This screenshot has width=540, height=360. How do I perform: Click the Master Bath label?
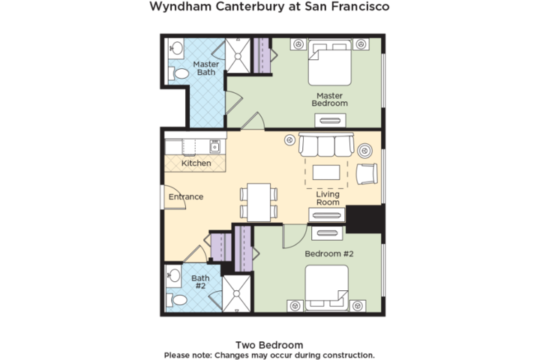(x=206, y=68)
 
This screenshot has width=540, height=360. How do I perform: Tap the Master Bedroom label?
(x=329, y=100)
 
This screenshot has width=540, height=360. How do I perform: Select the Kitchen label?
(x=196, y=163)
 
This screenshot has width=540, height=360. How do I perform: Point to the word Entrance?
(x=186, y=196)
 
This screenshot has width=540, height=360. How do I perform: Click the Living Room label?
(x=328, y=198)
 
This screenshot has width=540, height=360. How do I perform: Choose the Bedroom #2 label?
(x=329, y=254)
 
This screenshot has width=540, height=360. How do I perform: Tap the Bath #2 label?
(x=200, y=282)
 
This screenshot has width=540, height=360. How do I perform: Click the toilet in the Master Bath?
(x=178, y=73)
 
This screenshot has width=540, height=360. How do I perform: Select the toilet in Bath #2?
(x=176, y=300)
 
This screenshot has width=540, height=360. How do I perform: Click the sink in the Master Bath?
(x=176, y=48)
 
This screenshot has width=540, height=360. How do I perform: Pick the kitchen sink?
(x=215, y=147)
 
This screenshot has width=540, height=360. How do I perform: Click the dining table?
(x=259, y=202)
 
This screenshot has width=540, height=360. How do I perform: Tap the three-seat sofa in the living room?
(x=326, y=144)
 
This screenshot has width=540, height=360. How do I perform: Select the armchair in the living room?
(x=367, y=174)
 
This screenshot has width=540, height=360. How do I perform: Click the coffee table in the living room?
(x=326, y=172)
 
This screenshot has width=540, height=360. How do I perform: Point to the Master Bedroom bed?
(x=329, y=62)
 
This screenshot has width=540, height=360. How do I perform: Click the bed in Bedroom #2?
(x=326, y=288)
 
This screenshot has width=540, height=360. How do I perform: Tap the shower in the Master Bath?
(x=238, y=55)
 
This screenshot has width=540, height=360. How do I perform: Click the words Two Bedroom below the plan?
(x=269, y=345)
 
